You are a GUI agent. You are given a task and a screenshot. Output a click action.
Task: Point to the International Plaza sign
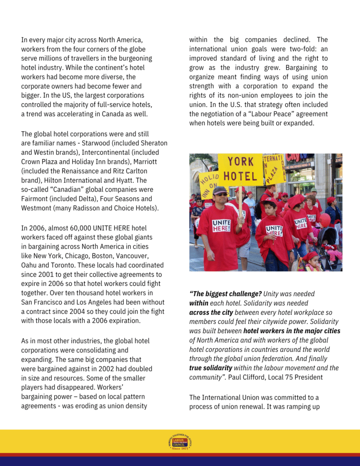[x=274, y=167]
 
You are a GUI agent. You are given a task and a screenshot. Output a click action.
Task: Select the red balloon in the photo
[x=325, y=220]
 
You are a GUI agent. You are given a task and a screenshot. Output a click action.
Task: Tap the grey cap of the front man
[x=220, y=190]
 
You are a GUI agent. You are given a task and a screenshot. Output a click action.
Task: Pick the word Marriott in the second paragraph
[x=135, y=162]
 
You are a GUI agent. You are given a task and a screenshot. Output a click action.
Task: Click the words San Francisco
[x=43, y=302]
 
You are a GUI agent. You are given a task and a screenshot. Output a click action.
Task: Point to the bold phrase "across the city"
[x=211, y=313]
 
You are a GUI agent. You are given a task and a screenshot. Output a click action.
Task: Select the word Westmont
[x=37, y=208]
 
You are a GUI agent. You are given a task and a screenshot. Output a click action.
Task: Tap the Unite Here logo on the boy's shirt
[x=274, y=230]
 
